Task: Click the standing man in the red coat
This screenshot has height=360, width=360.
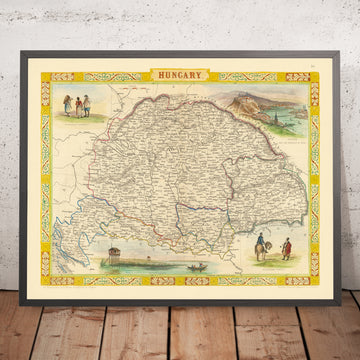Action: tap(282, 242)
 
